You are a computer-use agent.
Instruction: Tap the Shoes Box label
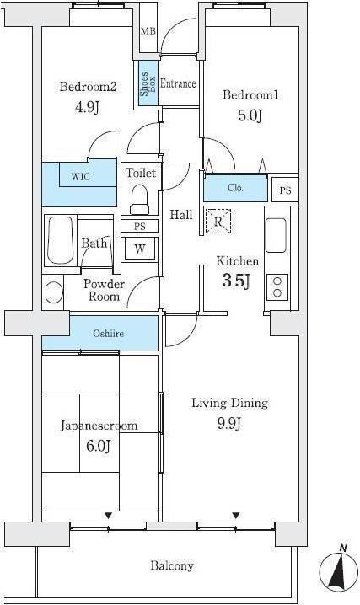[x=148, y=84]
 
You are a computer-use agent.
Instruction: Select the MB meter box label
[x=148, y=31]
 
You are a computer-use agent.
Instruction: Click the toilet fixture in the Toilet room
[x=139, y=200]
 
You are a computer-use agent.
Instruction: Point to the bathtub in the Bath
[x=61, y=240]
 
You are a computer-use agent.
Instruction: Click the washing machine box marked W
[x=140, y=249]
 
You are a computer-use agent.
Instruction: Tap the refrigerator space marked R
[x=218, y=221]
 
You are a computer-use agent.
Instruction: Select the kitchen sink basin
[x=276, y=235]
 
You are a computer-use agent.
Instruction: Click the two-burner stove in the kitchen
[x=277, y=287]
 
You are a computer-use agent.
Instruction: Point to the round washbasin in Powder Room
[x=54, y=292]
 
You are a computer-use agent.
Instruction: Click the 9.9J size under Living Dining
[x=229, y=423]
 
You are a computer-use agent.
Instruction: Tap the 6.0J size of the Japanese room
[x=99, y=446]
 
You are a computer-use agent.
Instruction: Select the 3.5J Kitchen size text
[x=236, y=281]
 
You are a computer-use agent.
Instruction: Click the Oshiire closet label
[x=109, y=334]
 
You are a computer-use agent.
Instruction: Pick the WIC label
[x=80, y=177]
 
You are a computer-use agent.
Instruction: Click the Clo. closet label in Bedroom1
[x=235, y=188]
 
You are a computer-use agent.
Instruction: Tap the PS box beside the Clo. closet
[x=285, y=190]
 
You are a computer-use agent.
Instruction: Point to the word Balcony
[x=172, y=566]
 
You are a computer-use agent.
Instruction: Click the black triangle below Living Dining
[x=236, y=515]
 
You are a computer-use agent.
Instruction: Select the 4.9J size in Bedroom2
[x=87, y=107]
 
